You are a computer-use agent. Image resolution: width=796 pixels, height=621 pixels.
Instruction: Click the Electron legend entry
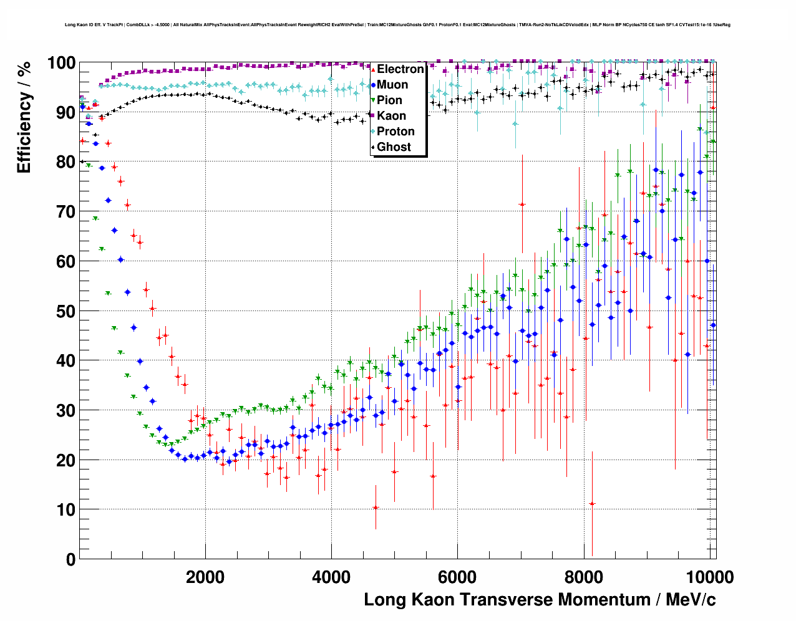tap(400, 69)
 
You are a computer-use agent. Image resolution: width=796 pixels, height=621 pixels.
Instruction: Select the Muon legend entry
tap(392, 85)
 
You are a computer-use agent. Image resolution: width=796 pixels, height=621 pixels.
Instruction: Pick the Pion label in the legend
tap(389, 100)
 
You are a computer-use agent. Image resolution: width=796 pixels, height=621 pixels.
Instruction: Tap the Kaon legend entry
tap(391, 116)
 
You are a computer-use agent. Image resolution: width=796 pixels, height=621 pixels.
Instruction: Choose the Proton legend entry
tap(396, 132)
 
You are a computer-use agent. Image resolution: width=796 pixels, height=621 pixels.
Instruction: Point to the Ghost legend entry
tap(394, 147)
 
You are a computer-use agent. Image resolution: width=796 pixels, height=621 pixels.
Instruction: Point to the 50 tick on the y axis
tap(66, 311)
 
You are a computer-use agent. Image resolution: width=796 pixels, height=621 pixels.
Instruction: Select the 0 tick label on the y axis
tap(70, 559)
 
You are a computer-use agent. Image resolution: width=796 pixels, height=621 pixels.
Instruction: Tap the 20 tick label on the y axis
tap(66, 460)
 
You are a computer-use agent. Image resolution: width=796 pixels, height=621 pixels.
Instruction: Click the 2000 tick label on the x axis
tap(205, 577)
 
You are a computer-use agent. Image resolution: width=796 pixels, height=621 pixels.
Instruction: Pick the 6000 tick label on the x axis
tap(457, 577)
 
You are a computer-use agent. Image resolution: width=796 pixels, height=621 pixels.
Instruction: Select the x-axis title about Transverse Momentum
tap(540, 600)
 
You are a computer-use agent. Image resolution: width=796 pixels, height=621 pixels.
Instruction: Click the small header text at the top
tap(397, 25)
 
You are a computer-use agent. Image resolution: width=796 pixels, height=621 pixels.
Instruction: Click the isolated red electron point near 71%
tap(522, 205)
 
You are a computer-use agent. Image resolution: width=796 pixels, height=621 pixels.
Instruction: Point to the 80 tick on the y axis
tap(66, 162)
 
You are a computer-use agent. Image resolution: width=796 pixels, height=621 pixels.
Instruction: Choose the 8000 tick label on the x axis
tap(583, 577)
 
